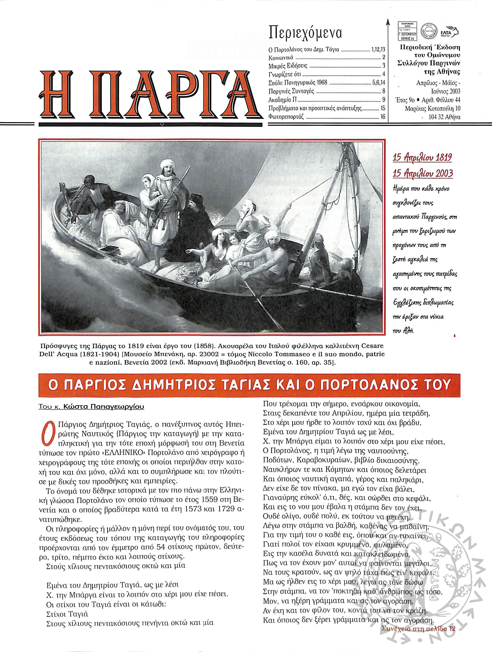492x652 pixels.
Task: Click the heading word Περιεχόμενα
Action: point(305,34)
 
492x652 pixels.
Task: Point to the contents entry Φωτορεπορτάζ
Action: point(286,117)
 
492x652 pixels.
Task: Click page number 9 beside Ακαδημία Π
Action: point(383,99)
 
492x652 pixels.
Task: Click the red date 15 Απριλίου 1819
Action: point(422,158)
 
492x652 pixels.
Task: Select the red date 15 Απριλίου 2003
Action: point(423,173)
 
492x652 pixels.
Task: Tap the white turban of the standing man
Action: point(166,163)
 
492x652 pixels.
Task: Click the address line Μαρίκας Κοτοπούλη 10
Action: point(433,109)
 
